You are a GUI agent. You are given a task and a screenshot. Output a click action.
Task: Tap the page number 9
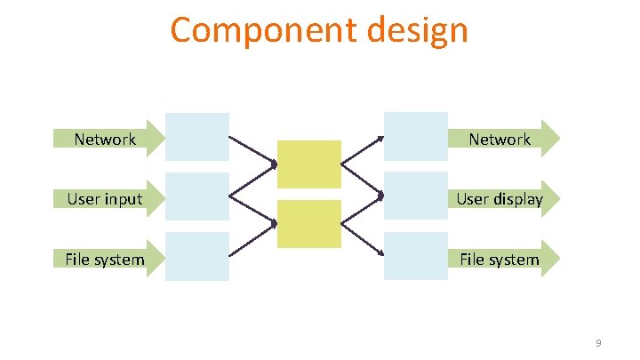coord(599,343)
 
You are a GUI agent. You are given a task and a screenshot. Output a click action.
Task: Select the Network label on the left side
coord(105,139)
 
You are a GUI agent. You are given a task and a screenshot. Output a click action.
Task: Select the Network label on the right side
coord(500,139)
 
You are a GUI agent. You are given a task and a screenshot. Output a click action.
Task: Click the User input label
coord(105,198)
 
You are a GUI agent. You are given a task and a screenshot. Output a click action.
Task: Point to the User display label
coord(500,198)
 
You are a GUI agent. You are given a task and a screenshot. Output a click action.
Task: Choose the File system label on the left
coord(105,259)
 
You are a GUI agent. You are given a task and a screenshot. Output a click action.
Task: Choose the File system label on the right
coord(500,259)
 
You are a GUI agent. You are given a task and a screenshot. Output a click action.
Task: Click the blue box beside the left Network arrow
coord(197,136)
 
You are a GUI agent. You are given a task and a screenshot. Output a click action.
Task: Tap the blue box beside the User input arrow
coord(197,196)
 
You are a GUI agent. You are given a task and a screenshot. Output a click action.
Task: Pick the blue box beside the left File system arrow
coord(197,256)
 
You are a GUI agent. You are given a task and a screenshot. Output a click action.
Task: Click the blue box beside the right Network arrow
coord(415,136)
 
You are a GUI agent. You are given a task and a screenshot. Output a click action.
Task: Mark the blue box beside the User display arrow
coord(415,196)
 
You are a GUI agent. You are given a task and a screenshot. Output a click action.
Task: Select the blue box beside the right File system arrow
coord(415,256)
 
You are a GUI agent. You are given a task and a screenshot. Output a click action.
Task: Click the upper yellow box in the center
coord(308,164)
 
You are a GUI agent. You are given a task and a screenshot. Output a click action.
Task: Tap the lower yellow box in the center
coord(308,223)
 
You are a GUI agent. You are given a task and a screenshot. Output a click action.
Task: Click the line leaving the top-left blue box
coord(249,151)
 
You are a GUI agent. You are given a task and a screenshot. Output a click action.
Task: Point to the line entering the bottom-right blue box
coord(364,239)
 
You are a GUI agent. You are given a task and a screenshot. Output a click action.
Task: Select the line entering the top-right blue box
coord(364,151)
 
